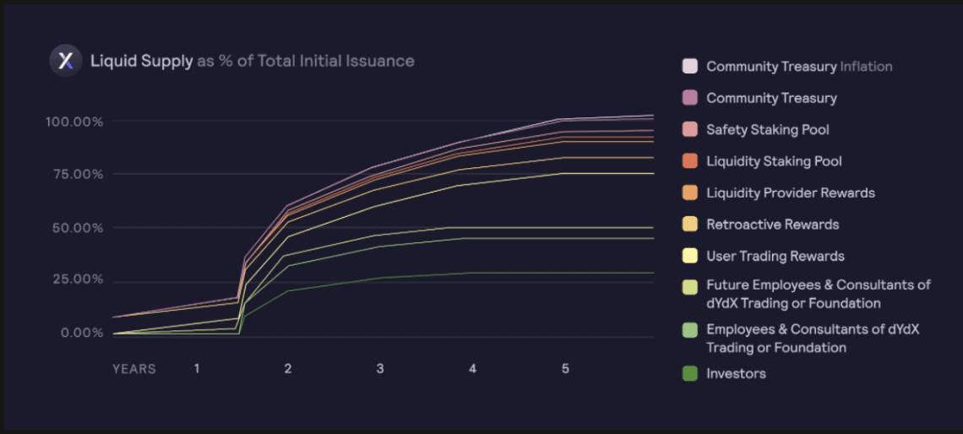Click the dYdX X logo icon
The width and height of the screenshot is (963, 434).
[x=65, y=61]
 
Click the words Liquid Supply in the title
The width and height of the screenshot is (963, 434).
[x=141, y=61]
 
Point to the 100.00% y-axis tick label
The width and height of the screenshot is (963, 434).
[x=74, y=122]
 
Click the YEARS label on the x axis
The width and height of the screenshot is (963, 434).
[x=134, y=369]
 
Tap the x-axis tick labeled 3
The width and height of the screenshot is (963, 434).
[x=380, y=369]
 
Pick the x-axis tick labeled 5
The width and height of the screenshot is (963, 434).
[x=565, y=369]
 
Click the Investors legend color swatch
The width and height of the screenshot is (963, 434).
[x=690, y=373]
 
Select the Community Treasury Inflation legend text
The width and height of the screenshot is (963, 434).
[x=799, y=66]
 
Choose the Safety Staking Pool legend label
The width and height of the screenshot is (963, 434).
[x=767, y=129]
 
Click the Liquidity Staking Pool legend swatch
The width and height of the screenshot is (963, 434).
[x=690, y=161]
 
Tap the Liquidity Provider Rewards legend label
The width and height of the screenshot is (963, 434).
[x=790, y=193]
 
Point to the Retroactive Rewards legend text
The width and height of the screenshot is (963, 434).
[x=772, y=225]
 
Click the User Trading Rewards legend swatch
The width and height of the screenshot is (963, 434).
[x=690, y=256]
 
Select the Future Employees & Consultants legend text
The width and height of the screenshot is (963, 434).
[x=818, y=294]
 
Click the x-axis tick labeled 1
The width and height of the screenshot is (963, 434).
[x=197, y=369]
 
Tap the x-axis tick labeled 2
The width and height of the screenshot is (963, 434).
[x=288, y=369]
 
